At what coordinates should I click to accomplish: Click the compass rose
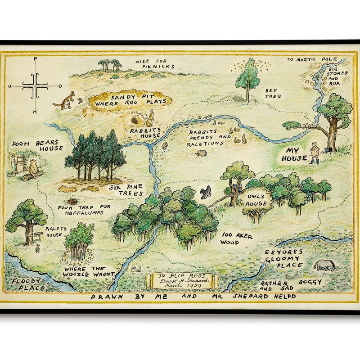[x=35, y=85]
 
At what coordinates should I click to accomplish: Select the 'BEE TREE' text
[x=273, y=93]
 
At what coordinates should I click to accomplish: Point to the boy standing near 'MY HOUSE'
[x=315, y=152]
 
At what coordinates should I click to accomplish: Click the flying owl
[x=206, y=192]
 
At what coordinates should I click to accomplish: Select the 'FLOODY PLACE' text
[x=28, y=285]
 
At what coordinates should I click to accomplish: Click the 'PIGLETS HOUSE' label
[x=56, y=232]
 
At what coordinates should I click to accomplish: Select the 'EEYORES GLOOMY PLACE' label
[x=283, y=259]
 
